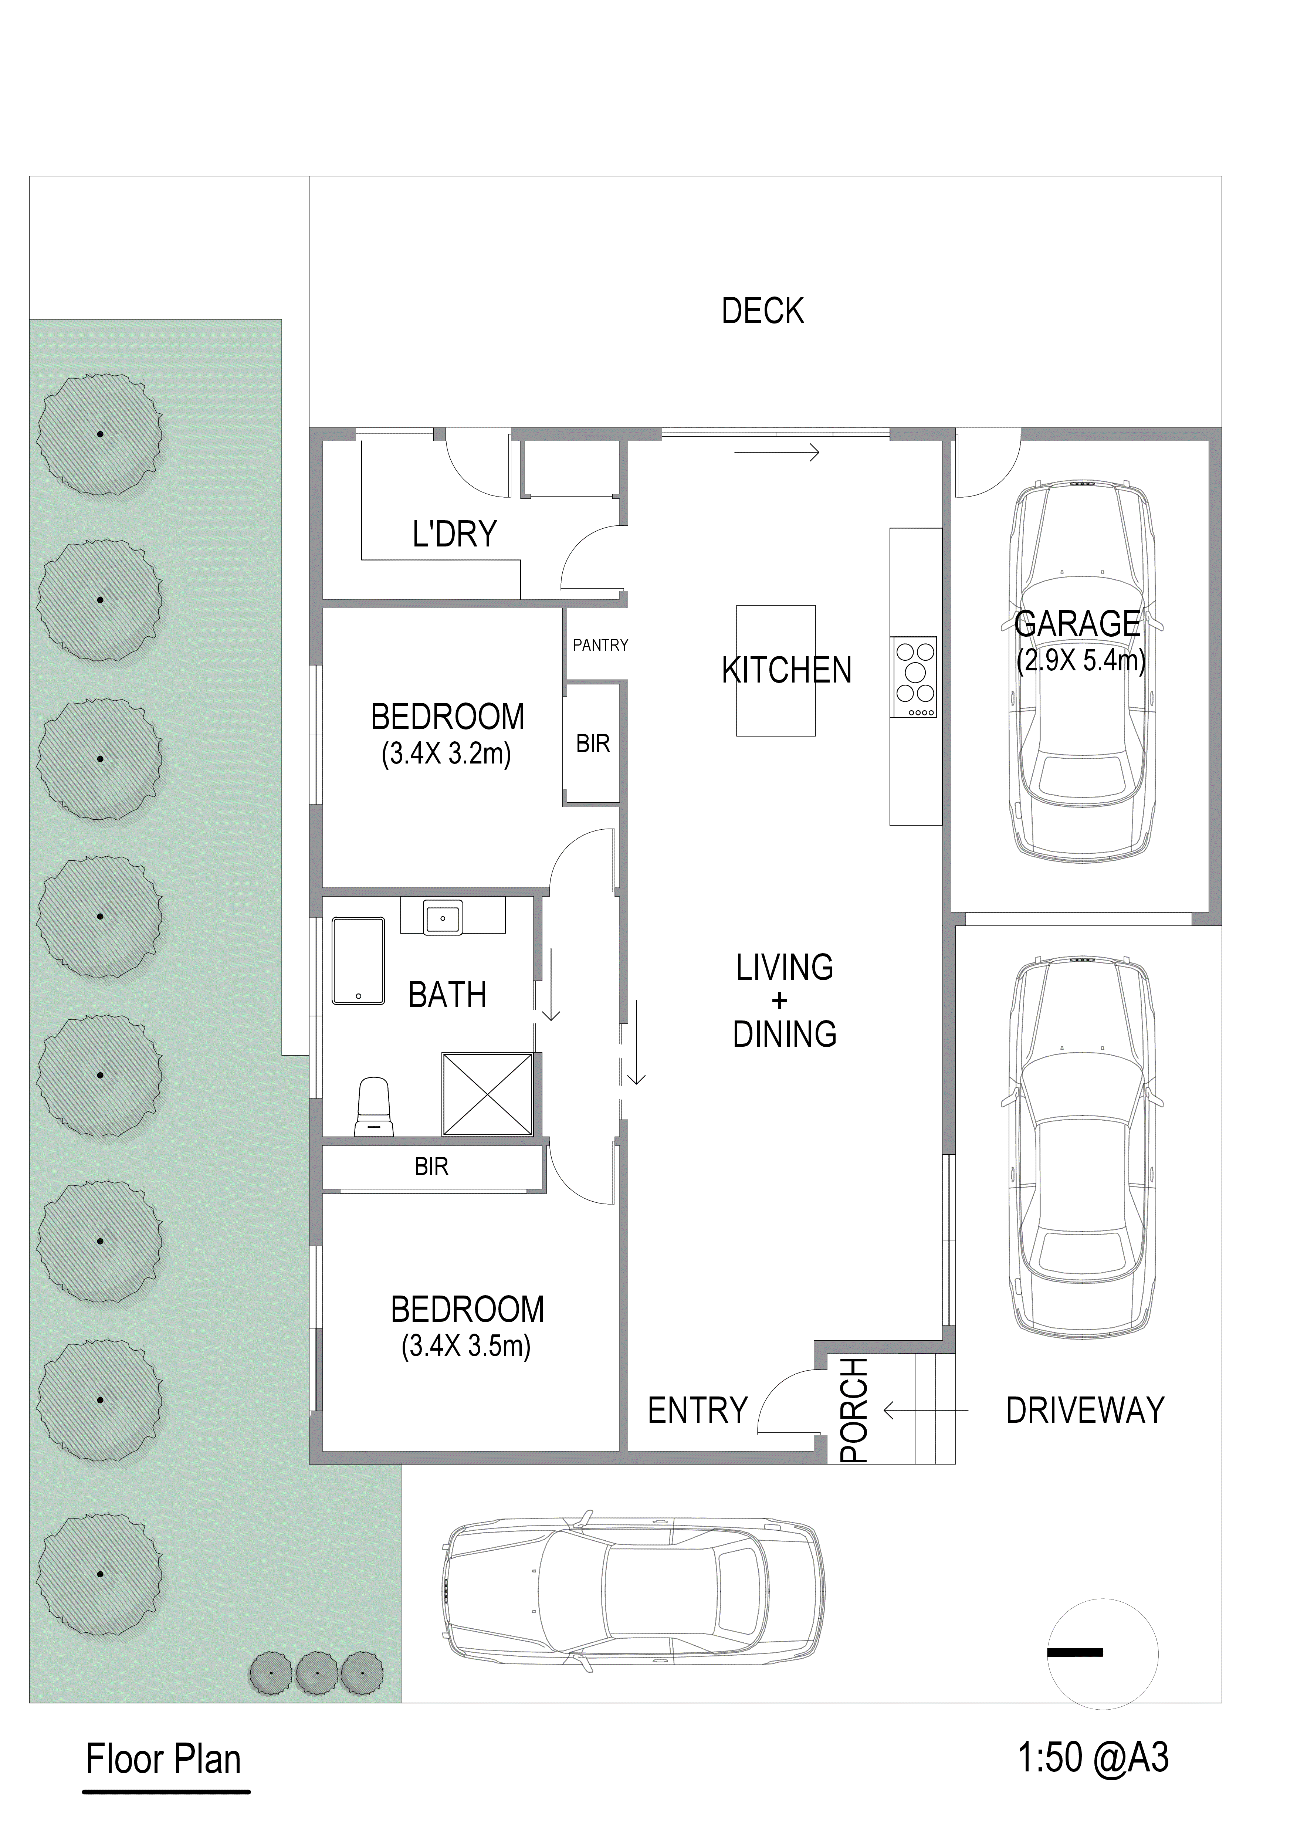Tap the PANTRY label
click(x=600, y=645)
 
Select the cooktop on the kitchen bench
click(x=914, y=678)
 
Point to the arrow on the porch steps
click(x=925, y=1411)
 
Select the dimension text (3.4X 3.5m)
click(x=466, y=1347)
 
